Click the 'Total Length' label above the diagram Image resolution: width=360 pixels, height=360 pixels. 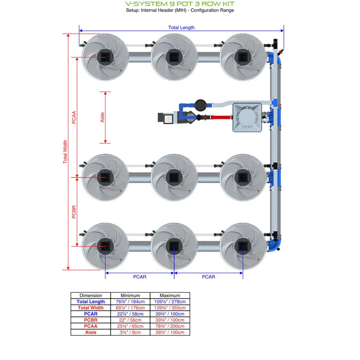tap(182, 28)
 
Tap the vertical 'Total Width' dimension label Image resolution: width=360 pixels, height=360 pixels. tap(65, 152)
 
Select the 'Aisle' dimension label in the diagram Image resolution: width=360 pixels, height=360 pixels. tap(102, 117)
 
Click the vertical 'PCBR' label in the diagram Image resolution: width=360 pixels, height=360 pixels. tap(74, 212)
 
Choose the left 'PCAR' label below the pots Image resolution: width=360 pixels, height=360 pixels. tap(139, 277)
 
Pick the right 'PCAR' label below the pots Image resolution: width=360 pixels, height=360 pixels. tap(208, 277)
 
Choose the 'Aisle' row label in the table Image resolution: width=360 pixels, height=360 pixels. tap(91, 332)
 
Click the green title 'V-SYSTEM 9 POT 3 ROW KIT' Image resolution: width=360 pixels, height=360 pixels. tap(179, 3)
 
